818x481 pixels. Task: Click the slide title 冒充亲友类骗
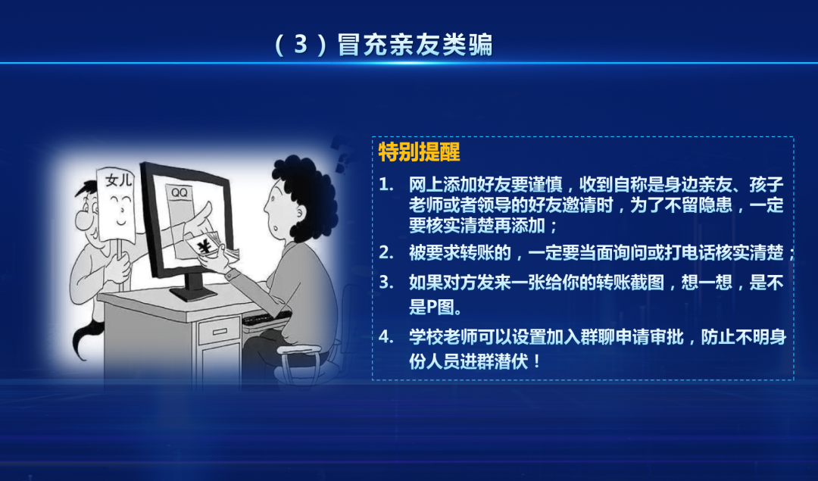coord(415,45)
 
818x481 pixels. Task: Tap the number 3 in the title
coord(301,45)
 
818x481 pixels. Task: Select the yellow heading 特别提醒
coord(419,151)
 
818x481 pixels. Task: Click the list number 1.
coord(386,184)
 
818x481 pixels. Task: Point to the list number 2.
coord(386,252)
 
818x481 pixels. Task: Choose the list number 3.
coord(386,283)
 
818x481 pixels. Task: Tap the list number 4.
coord(386,336)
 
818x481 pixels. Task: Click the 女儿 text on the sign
coord(118,180)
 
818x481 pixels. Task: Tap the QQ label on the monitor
coord(179,192)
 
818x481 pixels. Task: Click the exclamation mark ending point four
coord(538,361)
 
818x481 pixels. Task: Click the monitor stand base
coord(194,294)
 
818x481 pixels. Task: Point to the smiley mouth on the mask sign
coord(121,222)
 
